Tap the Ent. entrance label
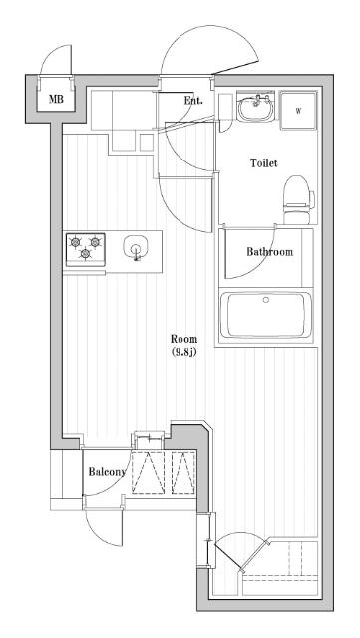[193, 101]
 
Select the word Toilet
[263, 162]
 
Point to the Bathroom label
[270, 252]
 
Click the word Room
[183, 338]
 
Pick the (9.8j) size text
[183, 352]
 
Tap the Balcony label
[107, 472]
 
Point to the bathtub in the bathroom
[265, 315]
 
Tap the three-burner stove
[86, 247]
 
